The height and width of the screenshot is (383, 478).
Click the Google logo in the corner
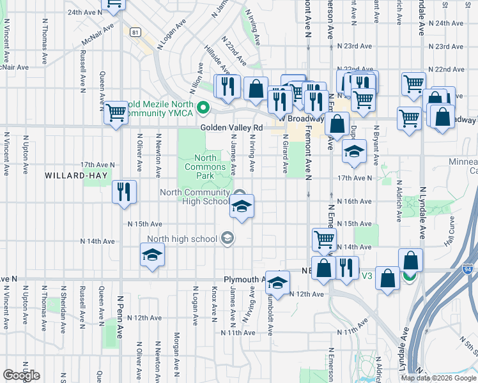pos(21,375)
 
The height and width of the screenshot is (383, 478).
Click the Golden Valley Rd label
pos(231,128)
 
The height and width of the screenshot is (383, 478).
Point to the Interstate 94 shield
pos(468,270)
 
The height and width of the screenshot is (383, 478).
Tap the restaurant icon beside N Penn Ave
pos(123,192)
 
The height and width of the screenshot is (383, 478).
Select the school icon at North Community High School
pos(241,206)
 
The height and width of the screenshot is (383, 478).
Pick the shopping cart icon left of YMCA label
pos(116,112)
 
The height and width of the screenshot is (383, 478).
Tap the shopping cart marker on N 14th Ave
pos(324,240)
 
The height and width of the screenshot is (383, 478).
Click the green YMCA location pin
pos(203,108)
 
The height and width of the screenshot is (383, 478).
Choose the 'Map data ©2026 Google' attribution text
pos(438,378)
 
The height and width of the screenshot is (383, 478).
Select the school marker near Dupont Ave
pos(353,151)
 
